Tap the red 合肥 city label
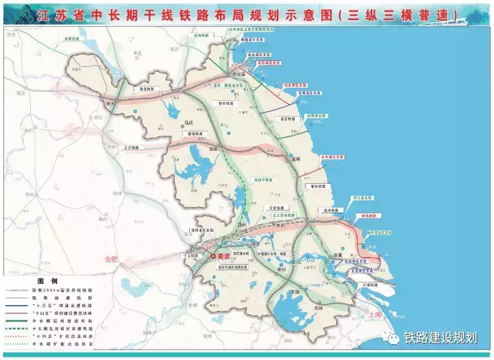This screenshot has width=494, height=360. tap(111, 259)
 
